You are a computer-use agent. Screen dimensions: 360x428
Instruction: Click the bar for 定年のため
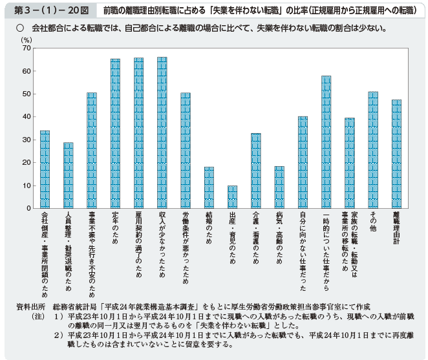(x=115, y=134)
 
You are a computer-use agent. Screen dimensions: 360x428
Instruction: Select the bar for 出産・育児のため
(x=233, y=197)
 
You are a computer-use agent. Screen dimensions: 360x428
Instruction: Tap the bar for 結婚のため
(x=209, y=187)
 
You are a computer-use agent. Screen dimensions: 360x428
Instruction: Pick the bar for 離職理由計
(x=396, y=154)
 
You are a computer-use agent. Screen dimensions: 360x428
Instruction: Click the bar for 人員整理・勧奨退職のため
(x=68, y=175)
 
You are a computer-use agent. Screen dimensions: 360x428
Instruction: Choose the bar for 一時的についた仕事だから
(x=326, y=142)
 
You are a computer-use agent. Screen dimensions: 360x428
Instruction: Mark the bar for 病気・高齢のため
(x=279, y=187)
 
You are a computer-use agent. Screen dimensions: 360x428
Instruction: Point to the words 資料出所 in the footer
(x=30, y=306)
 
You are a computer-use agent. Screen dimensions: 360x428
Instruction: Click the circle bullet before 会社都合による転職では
(x=20, y=28)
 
